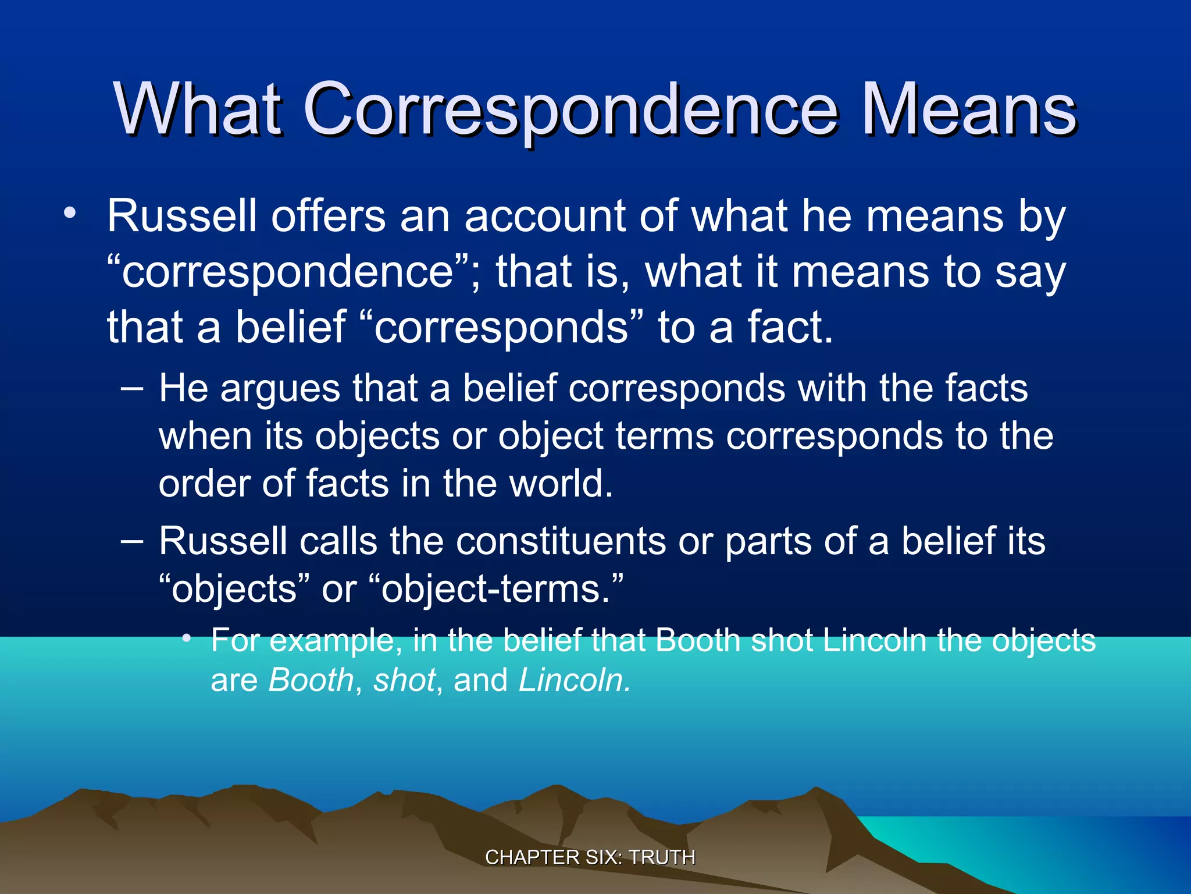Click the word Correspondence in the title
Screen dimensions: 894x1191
click(x=571, y=109)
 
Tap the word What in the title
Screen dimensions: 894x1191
click(x=198, y=109)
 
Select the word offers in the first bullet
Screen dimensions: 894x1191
click(x=329, y=217)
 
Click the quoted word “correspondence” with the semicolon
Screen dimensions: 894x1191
click(x=294, y=272)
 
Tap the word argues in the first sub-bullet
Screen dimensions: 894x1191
click(x=280, y=388)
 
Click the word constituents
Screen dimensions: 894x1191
click(x=561, y=541)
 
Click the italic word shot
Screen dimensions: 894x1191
click(x=404, y=680)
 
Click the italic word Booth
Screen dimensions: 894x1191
click(x=311, y=680)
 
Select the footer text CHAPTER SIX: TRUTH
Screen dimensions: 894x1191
click(x=590, y=857)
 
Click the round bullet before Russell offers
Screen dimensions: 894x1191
click(x=70, y=213)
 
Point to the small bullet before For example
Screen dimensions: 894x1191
click(x=186, y=639)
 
